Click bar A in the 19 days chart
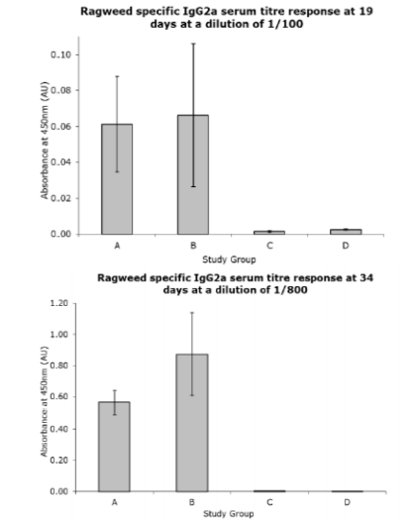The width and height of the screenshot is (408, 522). [x=117, y=179]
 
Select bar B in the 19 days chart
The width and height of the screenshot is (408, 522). [x=193, y=174]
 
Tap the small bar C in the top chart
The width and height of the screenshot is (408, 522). [x=269, y=233]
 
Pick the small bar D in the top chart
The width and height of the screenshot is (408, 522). [x=346, y=232]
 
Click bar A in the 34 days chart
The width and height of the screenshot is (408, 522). [x=114, y=447]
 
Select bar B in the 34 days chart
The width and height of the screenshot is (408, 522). [x=192, y=423]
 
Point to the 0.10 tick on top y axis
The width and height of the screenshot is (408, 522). [x=60, y=54]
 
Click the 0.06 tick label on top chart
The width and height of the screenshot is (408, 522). [x=60, y=127]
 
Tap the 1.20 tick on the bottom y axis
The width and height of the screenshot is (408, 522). [x=58, y=303]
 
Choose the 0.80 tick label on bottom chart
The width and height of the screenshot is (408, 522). [x=58, y=365]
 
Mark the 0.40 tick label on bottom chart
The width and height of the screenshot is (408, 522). [x=58, y=429]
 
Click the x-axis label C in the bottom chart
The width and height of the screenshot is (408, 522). [x=269, y=502]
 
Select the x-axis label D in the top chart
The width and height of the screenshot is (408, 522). [x=346, y=246]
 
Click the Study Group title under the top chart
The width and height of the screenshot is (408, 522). [x=229, y=260]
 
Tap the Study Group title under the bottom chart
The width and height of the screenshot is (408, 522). [x=229, y=514]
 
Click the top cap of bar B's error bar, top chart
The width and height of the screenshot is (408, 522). [x=193, y=44]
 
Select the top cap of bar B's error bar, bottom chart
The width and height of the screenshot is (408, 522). [x=192, y=313]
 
